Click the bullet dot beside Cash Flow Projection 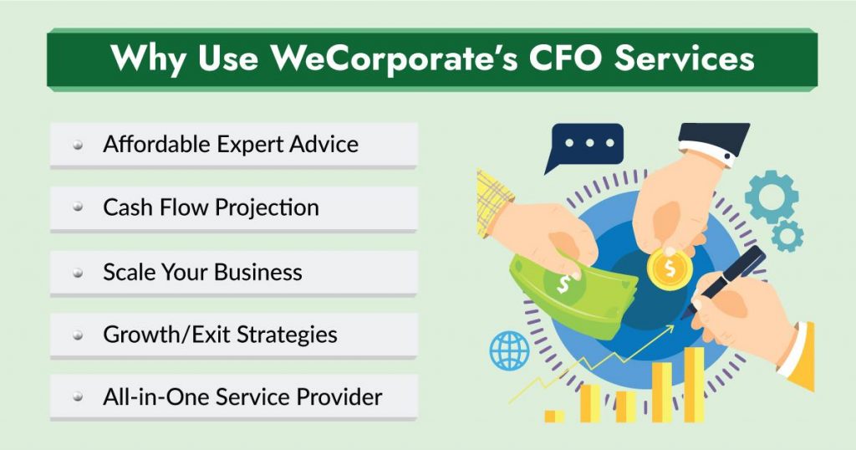click(x=78, y=207)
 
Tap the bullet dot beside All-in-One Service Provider click(x=78, y=399)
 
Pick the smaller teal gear click(x=787, y=237)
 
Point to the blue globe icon click(x=509, y=350)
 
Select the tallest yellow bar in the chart click(x=694, y=384)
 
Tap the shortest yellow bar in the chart click(x=553, y=415)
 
